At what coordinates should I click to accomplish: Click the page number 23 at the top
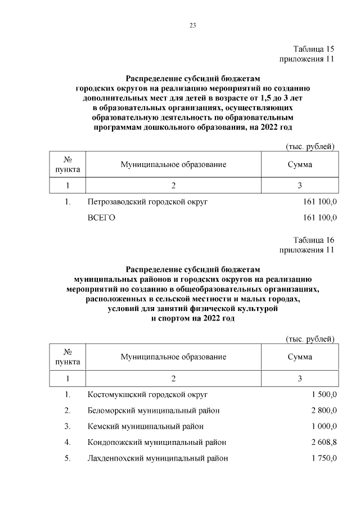[x=192, y=25]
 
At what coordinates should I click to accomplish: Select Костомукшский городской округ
[x=148, y=394]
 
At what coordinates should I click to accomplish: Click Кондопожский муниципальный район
[x=156, y=442]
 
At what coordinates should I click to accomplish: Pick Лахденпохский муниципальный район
[x=158, y=458]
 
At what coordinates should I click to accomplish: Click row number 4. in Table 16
[x=67, y=442]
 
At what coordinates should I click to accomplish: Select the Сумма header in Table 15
[x=300, y=165]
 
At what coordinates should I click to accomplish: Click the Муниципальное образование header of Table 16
[x=173, y=357]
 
